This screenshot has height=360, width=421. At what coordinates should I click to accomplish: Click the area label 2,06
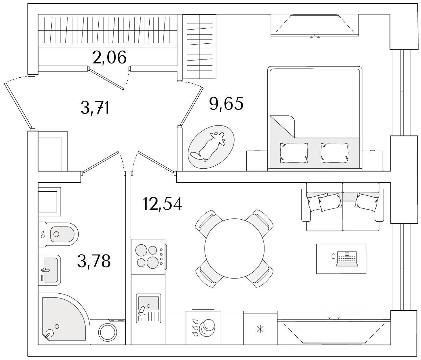[110, 58]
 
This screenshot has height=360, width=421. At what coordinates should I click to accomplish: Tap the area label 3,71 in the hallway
[95, 108]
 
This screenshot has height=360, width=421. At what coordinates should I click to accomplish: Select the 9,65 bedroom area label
[226, 104]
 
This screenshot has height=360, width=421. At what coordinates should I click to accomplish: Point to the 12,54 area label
[162, 204]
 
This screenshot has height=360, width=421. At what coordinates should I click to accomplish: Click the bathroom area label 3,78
[94, 261]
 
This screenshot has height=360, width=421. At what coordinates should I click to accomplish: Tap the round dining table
[234, 248]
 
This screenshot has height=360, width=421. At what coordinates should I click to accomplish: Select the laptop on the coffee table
[346, 259]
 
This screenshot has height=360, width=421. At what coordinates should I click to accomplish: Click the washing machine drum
[108, 332]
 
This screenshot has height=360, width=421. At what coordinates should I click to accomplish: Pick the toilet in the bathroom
[58, 234]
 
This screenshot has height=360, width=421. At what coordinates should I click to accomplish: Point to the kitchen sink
[149, 302]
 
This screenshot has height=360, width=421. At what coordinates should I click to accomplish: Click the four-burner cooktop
[147, 256]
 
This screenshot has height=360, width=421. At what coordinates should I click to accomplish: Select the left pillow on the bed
[294, 153]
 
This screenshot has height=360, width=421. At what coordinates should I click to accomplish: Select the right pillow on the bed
[334, 153]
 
